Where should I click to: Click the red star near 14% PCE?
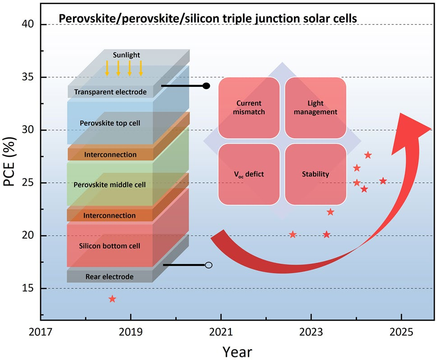(x=112, y=299)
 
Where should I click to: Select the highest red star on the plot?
(x=368, y=155)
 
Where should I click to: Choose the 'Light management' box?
(x=315, y=108)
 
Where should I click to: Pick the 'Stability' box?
(x=315, y=174)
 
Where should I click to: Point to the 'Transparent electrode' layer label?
(x=110, y=92)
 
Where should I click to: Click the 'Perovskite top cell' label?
(x=110, y=122)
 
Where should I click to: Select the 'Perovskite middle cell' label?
(x=110, y=184)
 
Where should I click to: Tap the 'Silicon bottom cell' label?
(x=110, y=246)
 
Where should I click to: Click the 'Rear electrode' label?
(x=110, y=276)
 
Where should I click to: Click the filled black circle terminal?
(x=207, y=86)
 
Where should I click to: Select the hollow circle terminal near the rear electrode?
(x=208, y=265)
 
